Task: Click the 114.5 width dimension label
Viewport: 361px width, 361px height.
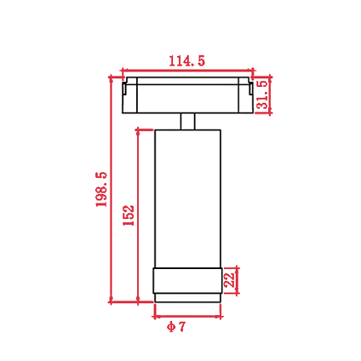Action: coord(186,60)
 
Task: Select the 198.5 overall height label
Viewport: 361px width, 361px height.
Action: coord(101,189)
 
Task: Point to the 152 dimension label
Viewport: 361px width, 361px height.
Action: coord(129,215)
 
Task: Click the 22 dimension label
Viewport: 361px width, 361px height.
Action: coord(230,280)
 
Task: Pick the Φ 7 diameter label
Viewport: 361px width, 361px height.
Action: coord(176,327)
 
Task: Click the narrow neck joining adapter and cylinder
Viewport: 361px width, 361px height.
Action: coord(187,122)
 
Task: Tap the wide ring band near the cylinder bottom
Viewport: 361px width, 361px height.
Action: coord(187,281)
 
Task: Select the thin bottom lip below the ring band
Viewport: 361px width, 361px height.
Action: coord(187,298)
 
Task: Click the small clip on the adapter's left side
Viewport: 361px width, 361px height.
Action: coord(124,89)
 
